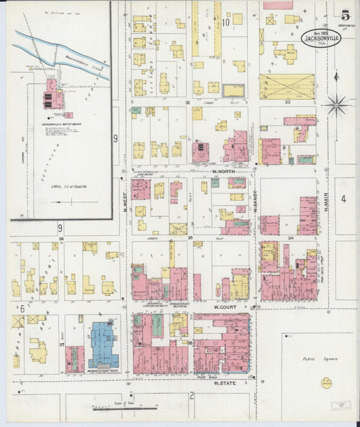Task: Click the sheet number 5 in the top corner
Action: (345, 15)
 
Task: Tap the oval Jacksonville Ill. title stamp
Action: (321, 39)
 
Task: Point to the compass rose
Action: (336, 105)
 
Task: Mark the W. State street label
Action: (223, 383)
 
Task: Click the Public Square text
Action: (320, 359)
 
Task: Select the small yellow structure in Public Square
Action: (326, 383)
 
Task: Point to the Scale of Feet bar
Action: (125, 408)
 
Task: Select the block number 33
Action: (287, 102)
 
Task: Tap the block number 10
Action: (226, 22)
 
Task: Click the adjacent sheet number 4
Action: (343, 199)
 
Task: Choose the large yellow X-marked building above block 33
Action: (287, 86)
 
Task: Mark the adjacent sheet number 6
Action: (22, 308)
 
